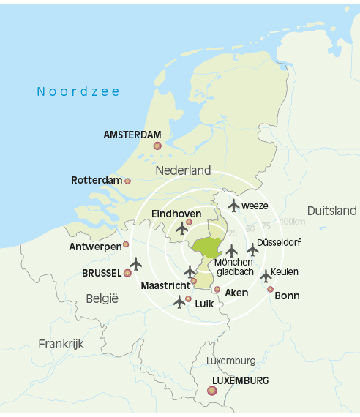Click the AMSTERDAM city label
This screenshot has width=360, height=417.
132,135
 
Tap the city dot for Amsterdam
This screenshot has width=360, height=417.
157,146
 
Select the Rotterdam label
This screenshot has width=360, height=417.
96,180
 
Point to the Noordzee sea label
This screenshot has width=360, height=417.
78,91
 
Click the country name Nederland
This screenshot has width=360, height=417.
183,170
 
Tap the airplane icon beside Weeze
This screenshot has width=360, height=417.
233,206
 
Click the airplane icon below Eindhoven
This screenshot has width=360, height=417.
183,228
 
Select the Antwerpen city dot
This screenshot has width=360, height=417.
126,244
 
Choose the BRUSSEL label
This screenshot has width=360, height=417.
102,273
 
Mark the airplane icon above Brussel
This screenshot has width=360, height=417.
136,263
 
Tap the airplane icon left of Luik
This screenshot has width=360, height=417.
179,301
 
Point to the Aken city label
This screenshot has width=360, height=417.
236,293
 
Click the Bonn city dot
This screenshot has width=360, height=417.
270,289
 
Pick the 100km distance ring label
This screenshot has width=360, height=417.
292,222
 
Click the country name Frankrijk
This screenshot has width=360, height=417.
61,343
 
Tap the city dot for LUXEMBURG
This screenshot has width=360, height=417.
212,391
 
